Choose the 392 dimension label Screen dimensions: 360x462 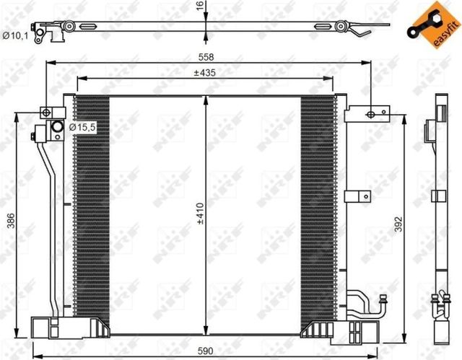coord(395,226)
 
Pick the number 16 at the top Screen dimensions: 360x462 coord(199,6)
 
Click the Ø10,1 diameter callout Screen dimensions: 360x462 coord(14,35)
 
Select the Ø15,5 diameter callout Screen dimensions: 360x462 coord(82,128)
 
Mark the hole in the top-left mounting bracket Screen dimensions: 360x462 coord(45,112)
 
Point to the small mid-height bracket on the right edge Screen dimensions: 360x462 coord(358,196)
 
